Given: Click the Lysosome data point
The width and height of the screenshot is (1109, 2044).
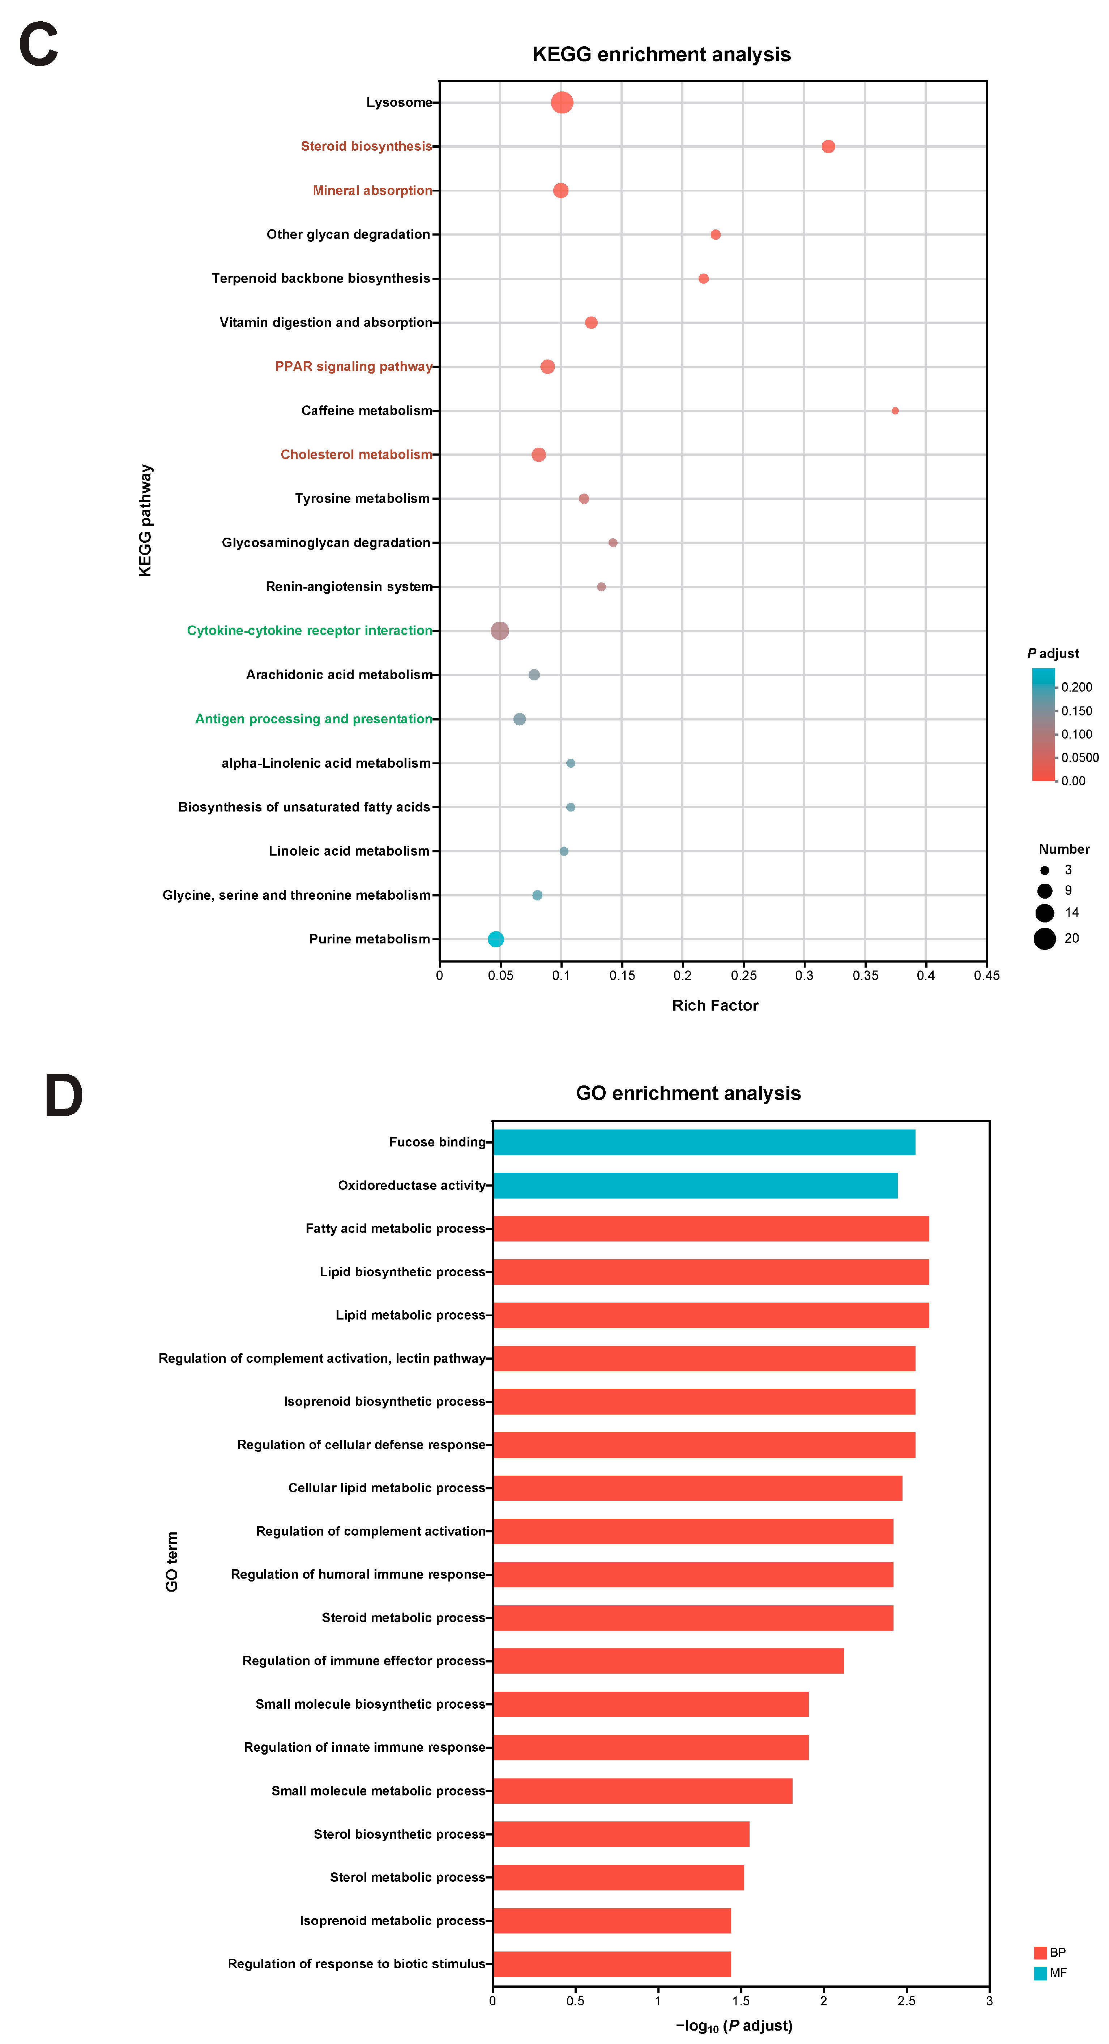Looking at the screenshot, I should tap(561, 102).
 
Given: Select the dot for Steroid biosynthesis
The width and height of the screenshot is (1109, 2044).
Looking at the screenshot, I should tap(828, 146).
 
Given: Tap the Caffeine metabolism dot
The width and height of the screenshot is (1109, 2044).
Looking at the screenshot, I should tap(895, 410).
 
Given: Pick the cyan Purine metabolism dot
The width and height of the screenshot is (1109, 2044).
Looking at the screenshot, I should tap(495, 939).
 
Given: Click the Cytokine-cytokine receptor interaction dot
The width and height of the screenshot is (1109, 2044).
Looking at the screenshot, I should tap(499, 631).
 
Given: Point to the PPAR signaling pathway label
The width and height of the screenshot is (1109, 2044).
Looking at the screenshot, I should tap(353, 367).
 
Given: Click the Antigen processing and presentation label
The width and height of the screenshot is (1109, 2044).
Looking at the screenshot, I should tap(313, 719).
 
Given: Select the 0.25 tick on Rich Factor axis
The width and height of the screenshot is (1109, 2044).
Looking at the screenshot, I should tap(743, 975).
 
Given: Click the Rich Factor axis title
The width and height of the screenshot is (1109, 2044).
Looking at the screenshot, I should tap(715, 1005).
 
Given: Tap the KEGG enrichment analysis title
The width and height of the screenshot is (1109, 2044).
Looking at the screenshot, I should tap(661, 54).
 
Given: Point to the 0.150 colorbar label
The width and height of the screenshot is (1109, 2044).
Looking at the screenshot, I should tap(1076, 711).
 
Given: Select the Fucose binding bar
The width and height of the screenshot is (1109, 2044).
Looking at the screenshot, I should tap(703, 1142).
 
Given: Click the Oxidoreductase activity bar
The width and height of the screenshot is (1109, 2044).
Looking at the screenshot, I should tap(695, 1185).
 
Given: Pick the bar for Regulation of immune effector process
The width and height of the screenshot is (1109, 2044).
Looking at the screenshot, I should tap(667, 1661).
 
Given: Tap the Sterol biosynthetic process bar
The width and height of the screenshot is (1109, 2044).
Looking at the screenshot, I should tap(621, 1834).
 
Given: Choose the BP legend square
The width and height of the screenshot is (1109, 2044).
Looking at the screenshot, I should tap(1040, 1953).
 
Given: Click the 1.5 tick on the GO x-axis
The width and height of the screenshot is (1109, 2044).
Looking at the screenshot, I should tap(741, 2000).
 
